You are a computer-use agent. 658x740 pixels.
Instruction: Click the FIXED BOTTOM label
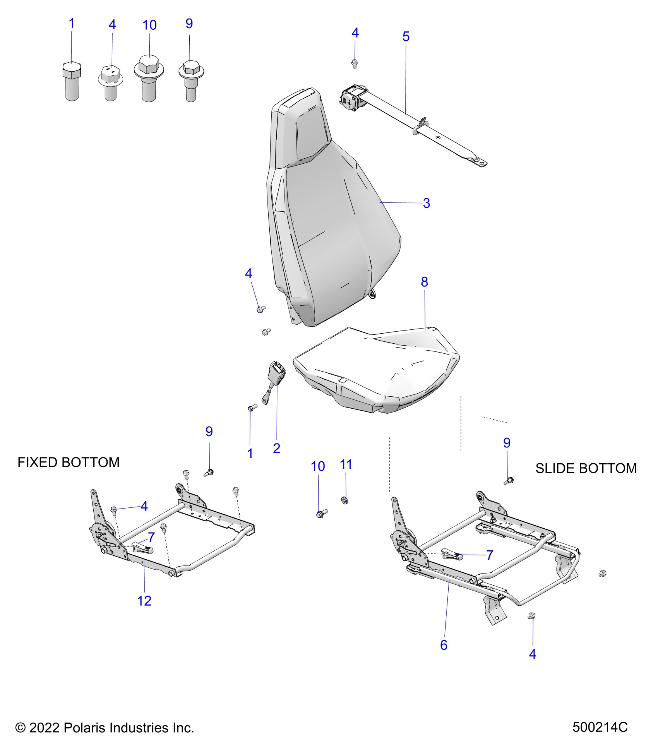pos(69,462)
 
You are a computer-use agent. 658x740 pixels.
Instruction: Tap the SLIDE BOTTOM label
pos(586,468)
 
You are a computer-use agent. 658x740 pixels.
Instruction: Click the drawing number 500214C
pos(600,727)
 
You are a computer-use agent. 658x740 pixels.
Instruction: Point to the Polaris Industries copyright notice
pos(105,728)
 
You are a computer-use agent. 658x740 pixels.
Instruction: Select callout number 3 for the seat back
pos(426,203)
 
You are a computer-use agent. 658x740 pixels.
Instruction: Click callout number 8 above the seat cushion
pos(424,282)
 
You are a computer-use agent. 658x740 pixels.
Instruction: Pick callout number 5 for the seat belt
pos(406,37)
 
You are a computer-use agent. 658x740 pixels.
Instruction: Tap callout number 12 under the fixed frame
pos(144,601)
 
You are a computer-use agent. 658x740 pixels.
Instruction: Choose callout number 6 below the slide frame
pos(444,645)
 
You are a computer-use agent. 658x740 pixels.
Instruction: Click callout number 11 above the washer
pos(346,464)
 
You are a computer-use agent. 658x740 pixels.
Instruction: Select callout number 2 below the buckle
pos(276,448)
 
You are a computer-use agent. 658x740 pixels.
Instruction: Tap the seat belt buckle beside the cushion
pos(278,375)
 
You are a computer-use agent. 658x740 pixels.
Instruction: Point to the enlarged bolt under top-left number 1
pos(72,81)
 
